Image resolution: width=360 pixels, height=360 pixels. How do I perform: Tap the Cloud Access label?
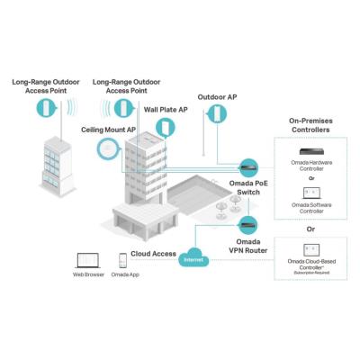153,254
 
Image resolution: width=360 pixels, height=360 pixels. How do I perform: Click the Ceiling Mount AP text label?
108,129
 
